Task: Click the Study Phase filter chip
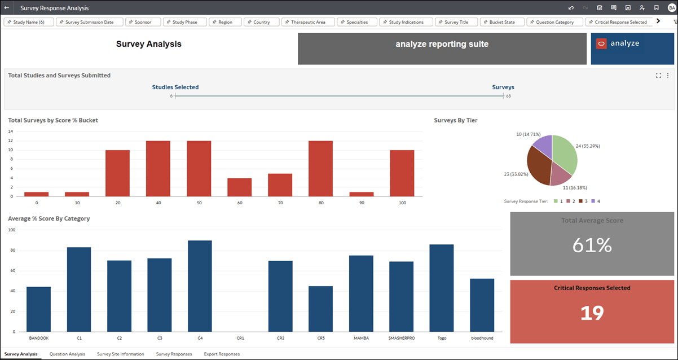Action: [x=184, y=22]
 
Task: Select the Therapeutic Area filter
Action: [x=308, y=22]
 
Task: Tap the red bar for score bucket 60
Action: [x=239, y=187]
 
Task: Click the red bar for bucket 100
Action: [x=402, y=173]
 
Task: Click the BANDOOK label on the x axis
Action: [x=38, y=338]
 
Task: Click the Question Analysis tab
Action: [x=67, y=354]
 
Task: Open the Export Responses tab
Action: [x=222, y=354]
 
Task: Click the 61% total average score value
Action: [x=592, y=245]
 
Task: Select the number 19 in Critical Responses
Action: [x=592, y=313]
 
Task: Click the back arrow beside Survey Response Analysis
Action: [x=6, y=8]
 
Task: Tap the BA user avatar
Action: [x=671, y=8]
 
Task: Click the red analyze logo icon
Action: [x=601, y=43]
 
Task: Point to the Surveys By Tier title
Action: [x=456, y=120]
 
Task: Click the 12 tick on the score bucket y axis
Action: [x=10, y=141]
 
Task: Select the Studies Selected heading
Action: [x=175, y=87]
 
